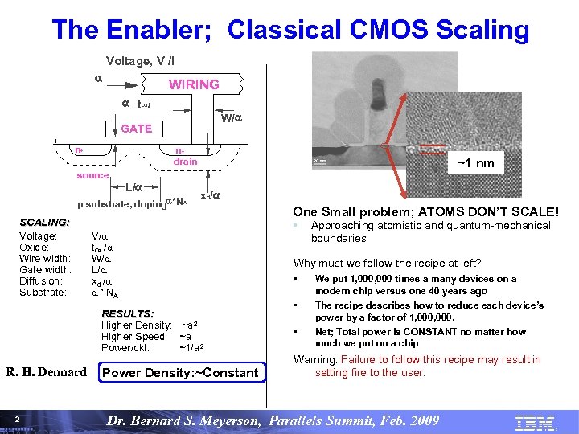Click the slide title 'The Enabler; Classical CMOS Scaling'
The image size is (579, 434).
click(290, 30)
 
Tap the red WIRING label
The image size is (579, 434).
click(193, 84)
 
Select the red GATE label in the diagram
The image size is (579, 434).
click(136, 129)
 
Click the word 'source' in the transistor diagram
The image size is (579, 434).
click(93, 174)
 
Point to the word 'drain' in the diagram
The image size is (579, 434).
click(185, 161)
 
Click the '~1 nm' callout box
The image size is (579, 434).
click(475, 164)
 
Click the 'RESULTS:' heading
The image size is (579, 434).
click(128, 313)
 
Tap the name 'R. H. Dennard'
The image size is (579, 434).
click(46, 372)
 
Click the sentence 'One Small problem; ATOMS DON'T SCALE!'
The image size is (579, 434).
click(425, 211)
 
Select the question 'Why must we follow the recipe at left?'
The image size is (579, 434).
click(387, 263)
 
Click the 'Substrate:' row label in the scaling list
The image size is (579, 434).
click(43, 293)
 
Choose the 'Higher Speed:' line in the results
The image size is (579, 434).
click(133, 336)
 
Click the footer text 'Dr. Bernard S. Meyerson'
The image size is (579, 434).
click(205, 420)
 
